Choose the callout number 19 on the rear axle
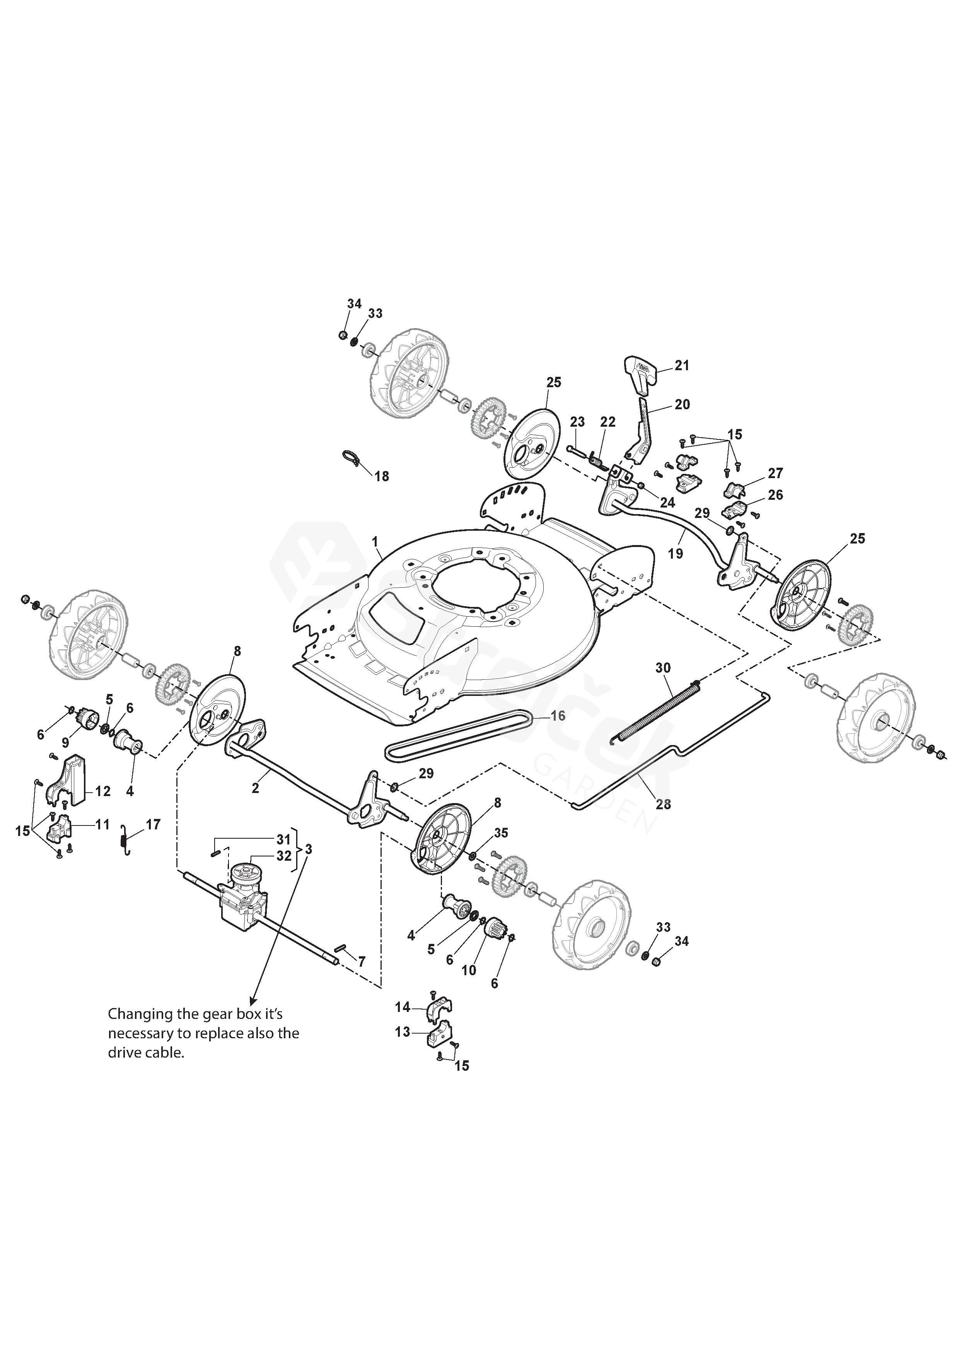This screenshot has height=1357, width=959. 676,554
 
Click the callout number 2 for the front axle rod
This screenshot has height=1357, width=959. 255,788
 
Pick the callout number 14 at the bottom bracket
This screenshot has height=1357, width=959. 403,1007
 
